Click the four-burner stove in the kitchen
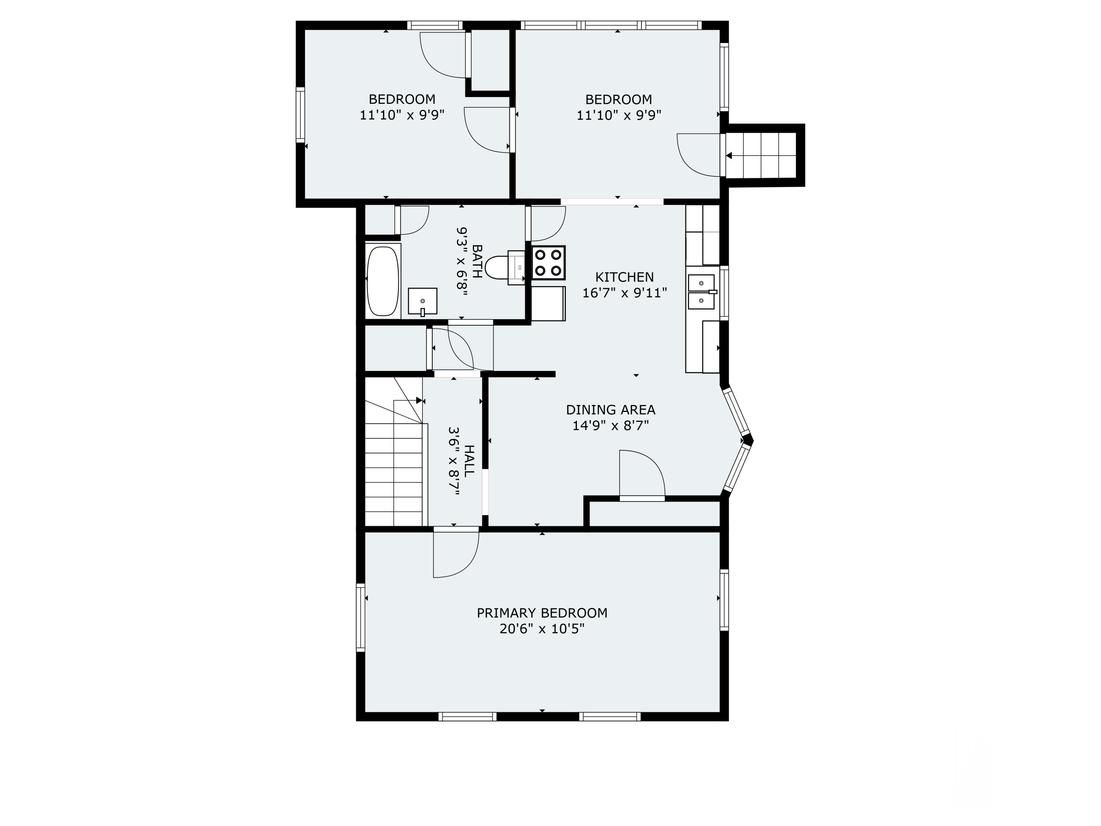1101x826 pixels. pos(548,262)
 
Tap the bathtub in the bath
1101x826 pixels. pos(383,281)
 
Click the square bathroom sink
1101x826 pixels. pos(422,301)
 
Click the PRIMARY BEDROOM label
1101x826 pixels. pos(542,613)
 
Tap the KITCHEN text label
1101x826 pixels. pos(624,277)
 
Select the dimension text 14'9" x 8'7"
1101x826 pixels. pos(610,426)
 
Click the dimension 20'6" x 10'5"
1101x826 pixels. pos(542,629)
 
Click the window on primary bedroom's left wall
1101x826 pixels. pos(360,617)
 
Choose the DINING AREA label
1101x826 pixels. pos(610,410)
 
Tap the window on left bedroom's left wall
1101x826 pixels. pos(300,115)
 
